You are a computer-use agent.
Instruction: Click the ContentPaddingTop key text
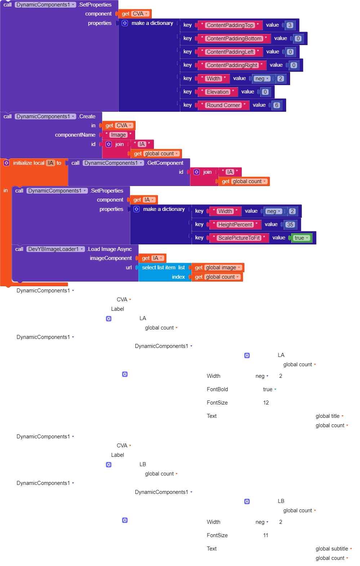point(230,25)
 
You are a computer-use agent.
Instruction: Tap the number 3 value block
point(290,25)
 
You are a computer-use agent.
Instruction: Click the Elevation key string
point(218,92)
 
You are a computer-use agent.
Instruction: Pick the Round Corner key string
point(223,105)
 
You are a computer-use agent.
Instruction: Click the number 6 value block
point(277,105)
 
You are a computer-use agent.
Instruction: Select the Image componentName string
point(118,135)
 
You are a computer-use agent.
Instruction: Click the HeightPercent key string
point(235,224)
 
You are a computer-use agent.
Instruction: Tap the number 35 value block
point(290,224)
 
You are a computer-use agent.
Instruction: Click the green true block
point(301,238)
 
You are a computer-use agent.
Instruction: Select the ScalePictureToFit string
point(239,238)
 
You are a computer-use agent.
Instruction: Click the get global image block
point(218,267)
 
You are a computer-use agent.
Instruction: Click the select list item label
point(159,267)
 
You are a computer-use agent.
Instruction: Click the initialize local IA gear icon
point(6,163)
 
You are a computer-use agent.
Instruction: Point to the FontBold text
point(217,389)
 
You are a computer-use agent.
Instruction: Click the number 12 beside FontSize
point(266,403)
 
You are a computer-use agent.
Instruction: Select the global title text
point(328,416)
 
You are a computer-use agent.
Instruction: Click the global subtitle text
point(332,549)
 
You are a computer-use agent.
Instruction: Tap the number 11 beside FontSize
point(266,535)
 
